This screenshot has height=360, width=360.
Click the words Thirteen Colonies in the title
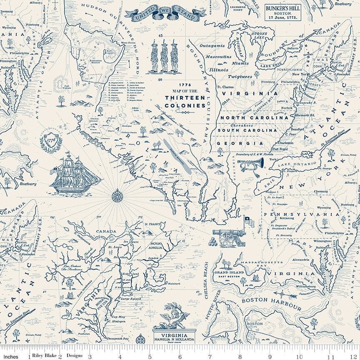point(185,102)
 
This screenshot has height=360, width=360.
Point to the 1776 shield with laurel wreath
point(51,140)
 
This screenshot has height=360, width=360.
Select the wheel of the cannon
point(227,238)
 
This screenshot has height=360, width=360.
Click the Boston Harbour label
point(271,303)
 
